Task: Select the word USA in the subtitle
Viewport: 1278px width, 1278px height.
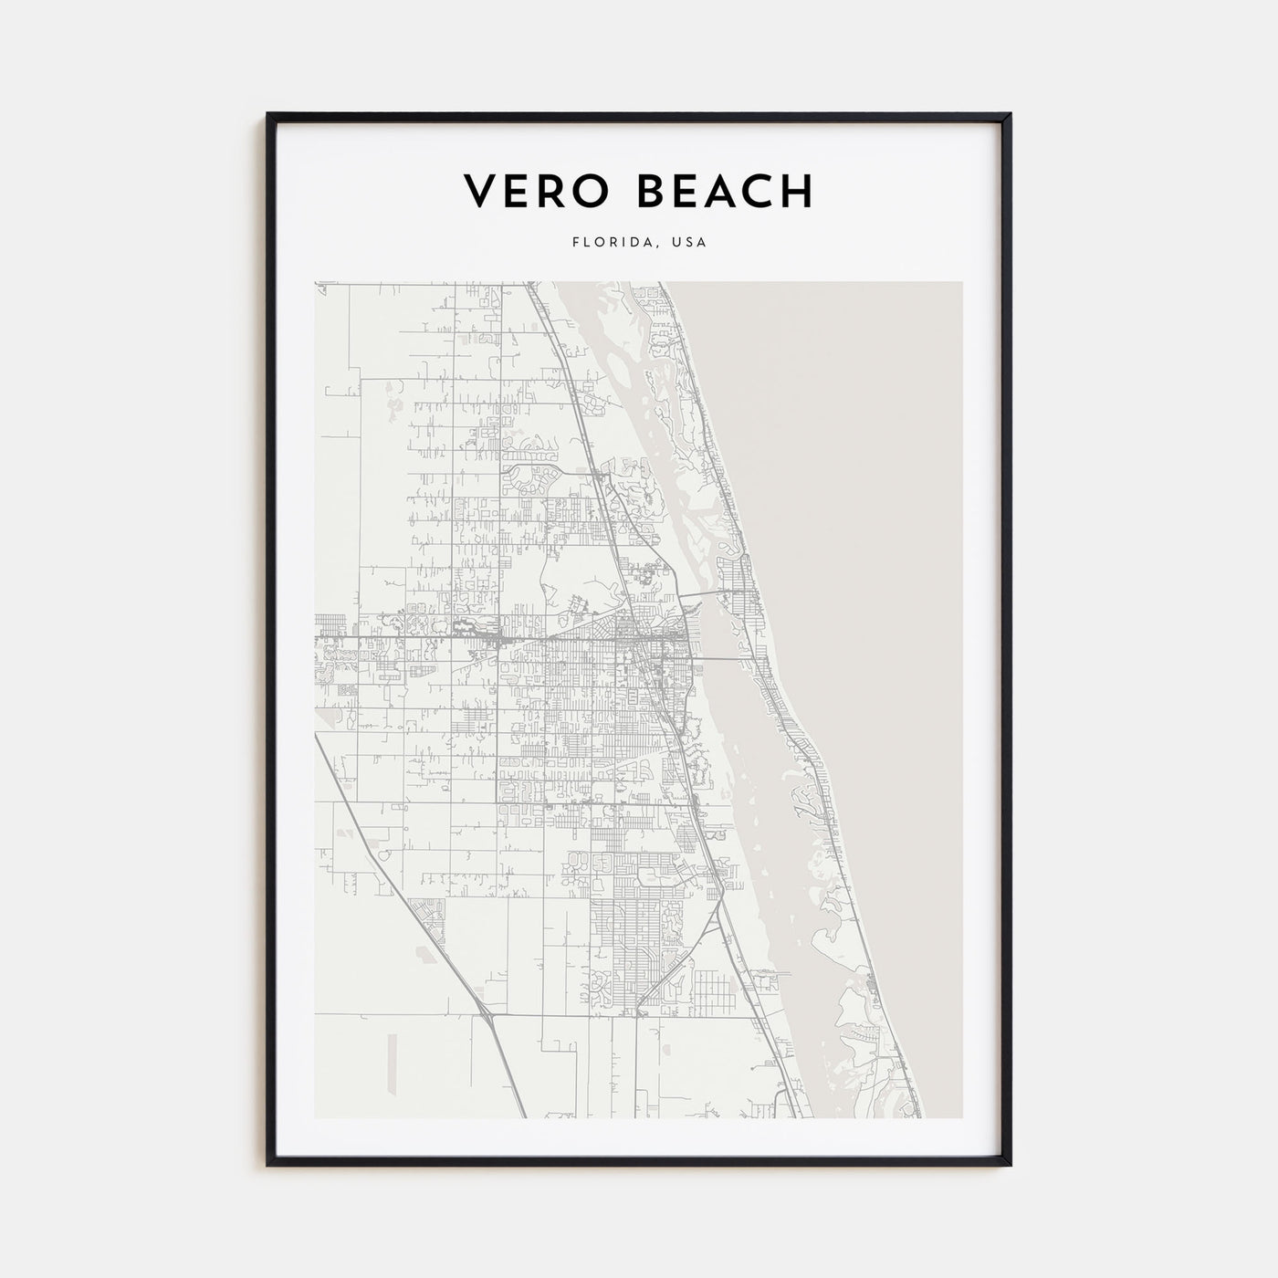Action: point(690,243)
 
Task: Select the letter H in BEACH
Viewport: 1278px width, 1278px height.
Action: point(796,191)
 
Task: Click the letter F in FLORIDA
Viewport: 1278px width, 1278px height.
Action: point(575,243)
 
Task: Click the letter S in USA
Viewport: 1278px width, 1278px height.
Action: point(690,243)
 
